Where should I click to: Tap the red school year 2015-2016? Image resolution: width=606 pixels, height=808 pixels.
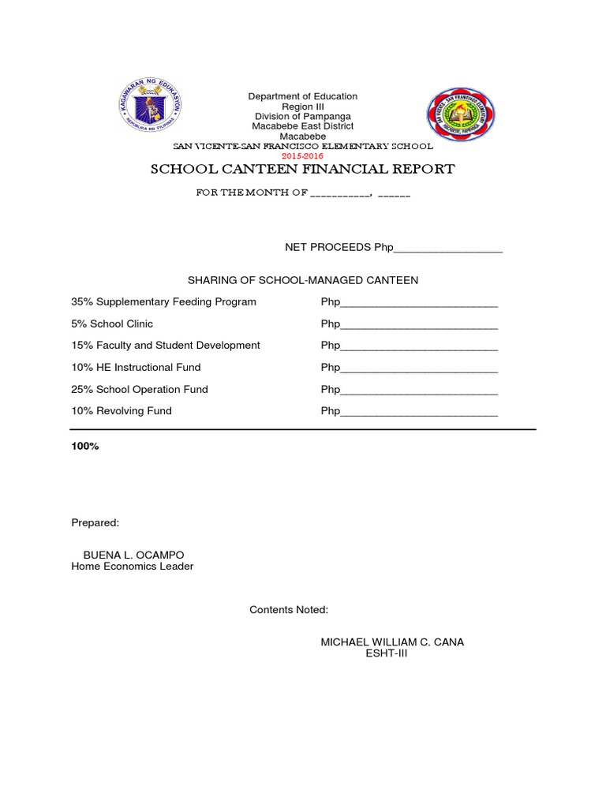point(303,156)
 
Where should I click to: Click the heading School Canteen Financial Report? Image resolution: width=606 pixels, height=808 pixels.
point(303,169)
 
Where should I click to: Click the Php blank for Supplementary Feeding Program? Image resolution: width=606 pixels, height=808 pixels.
point(418,302)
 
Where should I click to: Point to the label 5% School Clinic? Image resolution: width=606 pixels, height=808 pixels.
point(112,324)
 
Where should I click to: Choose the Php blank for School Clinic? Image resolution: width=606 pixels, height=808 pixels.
point(418,324)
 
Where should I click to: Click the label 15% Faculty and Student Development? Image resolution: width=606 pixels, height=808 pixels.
point(166,346)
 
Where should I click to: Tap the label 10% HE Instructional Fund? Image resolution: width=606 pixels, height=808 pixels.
point(136,368)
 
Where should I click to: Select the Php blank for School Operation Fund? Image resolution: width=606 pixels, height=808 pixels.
point(418,390)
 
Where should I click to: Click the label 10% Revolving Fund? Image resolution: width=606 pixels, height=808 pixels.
point(122,411)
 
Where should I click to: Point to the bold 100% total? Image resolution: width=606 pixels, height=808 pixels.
point(85,447)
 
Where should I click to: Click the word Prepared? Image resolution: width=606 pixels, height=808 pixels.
point(95,522)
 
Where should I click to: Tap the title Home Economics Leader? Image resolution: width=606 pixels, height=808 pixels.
point(133,567)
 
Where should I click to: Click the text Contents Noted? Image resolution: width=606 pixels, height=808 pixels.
point(289,610)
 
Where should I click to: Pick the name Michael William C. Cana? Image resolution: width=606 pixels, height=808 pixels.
point(392,642)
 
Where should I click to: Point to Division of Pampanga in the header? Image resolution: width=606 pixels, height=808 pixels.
point(303,117)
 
